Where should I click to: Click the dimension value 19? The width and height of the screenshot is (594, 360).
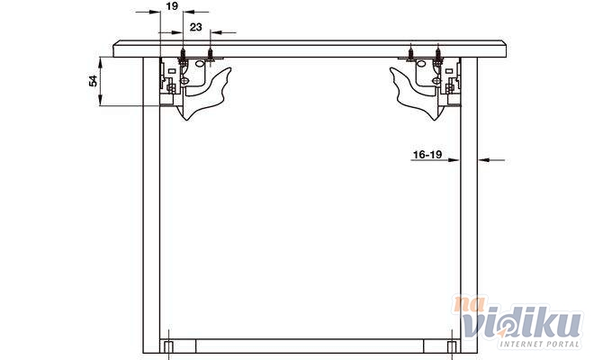pos(172,6)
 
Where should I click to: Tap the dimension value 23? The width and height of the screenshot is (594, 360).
pos(196,27)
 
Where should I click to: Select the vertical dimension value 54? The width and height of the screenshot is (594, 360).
pos(93,81)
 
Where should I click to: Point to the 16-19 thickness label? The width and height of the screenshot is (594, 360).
pos(427,155)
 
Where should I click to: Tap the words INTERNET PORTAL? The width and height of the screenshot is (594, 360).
pos(540,344)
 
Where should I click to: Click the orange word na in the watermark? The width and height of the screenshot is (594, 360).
pos(470,303)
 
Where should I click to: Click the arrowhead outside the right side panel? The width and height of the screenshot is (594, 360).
pos(484,160)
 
